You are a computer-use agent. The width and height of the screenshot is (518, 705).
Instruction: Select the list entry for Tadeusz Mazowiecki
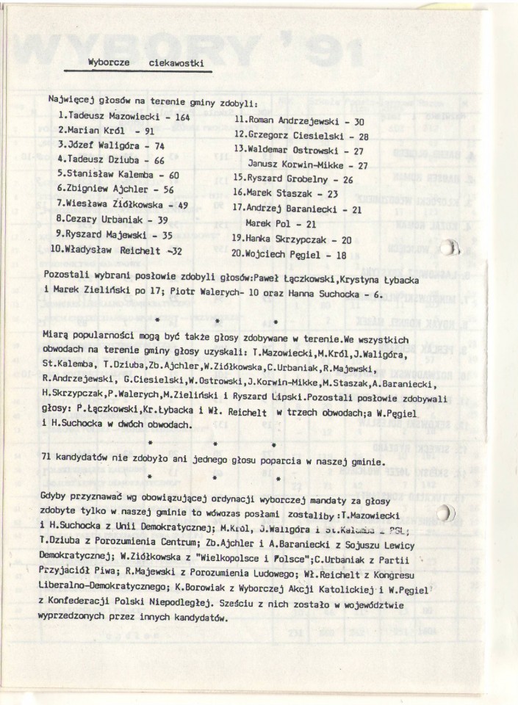[123, 117]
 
